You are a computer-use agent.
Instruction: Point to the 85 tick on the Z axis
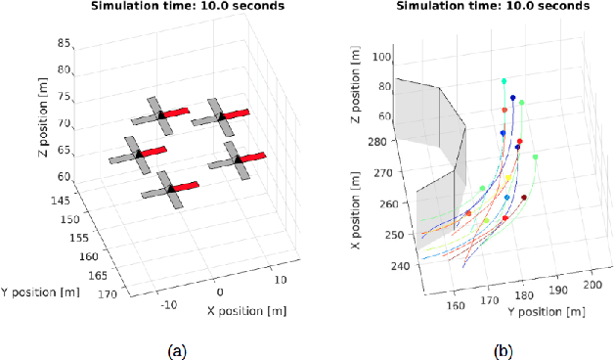[66, 44]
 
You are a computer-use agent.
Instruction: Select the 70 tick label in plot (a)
[66, 123]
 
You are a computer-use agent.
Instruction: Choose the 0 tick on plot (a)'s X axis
[220, 292]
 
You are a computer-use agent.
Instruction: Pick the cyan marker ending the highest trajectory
[504, 81]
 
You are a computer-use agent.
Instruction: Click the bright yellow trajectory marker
[509, 178]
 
